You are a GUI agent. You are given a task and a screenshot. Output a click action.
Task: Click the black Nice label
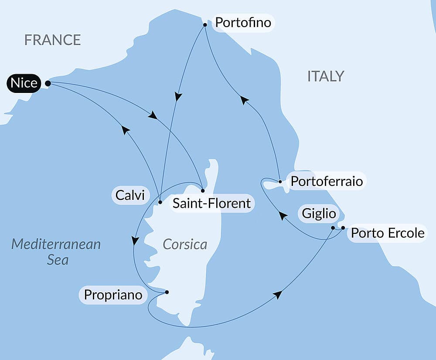pos(24,83)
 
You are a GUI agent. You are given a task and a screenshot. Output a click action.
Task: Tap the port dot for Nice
pos(48,83)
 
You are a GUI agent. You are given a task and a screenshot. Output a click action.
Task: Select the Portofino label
pos(242,22)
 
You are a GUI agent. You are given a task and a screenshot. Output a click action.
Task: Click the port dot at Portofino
pos(205,25)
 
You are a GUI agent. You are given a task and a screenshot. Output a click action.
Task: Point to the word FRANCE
pos(52,40)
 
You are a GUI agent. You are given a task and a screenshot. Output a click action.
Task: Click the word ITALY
pos(326,76)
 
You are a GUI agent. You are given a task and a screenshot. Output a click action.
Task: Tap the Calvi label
pos(129,195)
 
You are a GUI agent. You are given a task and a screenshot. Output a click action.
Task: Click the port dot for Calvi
pos(160,202)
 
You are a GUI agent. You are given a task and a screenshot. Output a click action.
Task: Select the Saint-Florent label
pos(211,203)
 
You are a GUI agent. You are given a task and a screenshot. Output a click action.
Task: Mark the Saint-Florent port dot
pos(203,191)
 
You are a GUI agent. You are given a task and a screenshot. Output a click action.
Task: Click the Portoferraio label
pos(327,181)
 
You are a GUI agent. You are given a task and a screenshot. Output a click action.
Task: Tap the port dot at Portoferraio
pos(280,181)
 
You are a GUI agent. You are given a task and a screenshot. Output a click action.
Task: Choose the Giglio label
pos(319,214)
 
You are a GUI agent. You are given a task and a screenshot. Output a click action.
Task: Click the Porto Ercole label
pos(387,233)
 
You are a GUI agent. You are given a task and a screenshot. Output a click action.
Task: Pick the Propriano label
pos(113,295)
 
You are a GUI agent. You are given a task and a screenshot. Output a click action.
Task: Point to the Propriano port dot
pos(167,292)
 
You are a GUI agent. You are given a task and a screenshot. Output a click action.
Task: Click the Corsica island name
pos(185,244)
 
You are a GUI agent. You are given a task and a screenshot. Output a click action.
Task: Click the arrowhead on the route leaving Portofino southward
pos(177,96)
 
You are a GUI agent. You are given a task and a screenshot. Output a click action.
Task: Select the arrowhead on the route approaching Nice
pos(125,130)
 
